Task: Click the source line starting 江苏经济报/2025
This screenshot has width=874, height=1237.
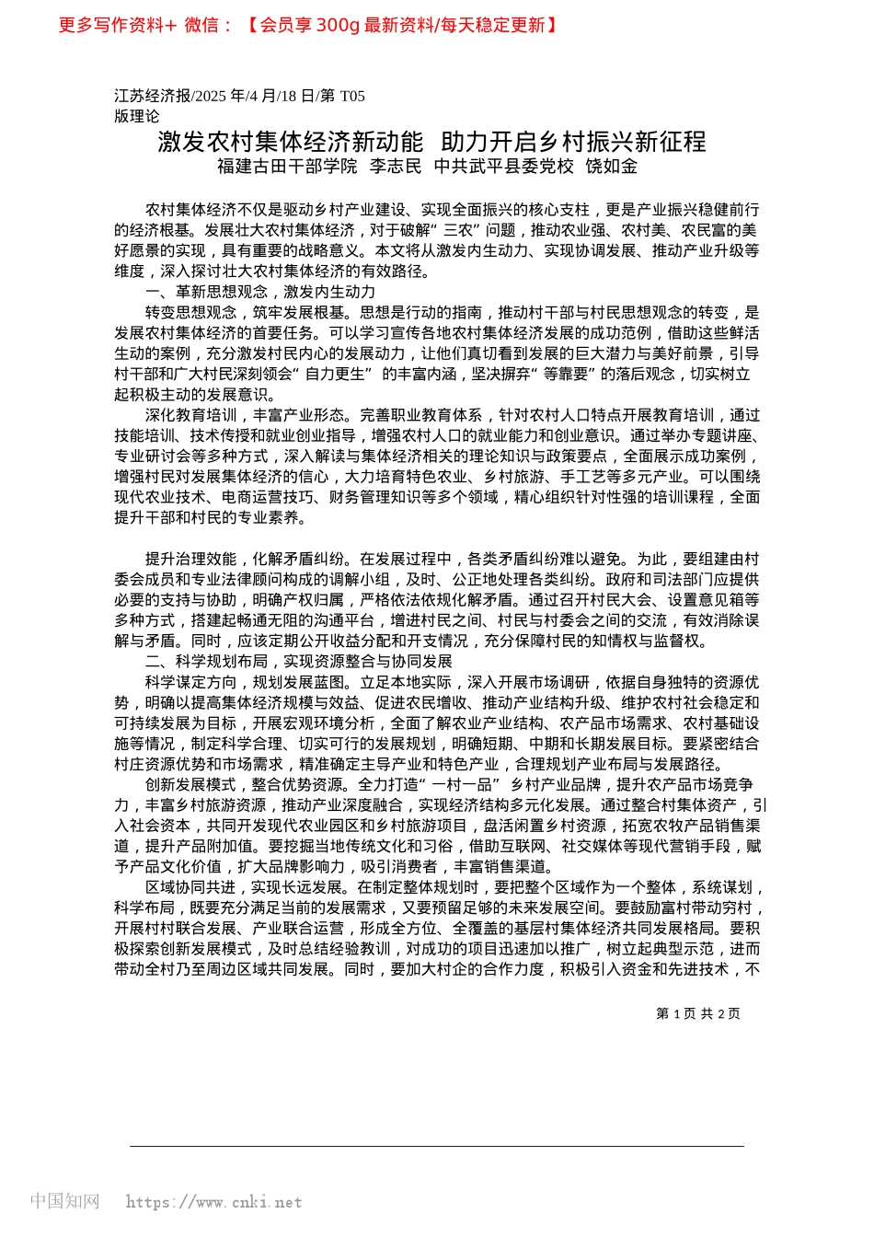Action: (239, 96)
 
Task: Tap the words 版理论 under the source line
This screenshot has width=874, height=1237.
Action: (136, 116)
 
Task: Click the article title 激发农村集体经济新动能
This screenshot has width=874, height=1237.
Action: (291, 142)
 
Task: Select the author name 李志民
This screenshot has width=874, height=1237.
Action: (396, 167)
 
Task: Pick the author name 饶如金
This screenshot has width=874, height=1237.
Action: (612, 167)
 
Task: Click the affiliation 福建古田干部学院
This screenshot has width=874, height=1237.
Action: (287, 167)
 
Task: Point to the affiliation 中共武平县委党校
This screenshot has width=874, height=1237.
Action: (504, 167)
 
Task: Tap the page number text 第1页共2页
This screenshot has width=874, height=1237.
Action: (697, 1013)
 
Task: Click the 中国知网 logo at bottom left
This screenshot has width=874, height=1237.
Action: (64, 1201)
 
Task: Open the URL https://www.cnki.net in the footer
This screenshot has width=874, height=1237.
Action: (213, 1202)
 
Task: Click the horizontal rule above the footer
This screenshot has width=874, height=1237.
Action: (436, 1147)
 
